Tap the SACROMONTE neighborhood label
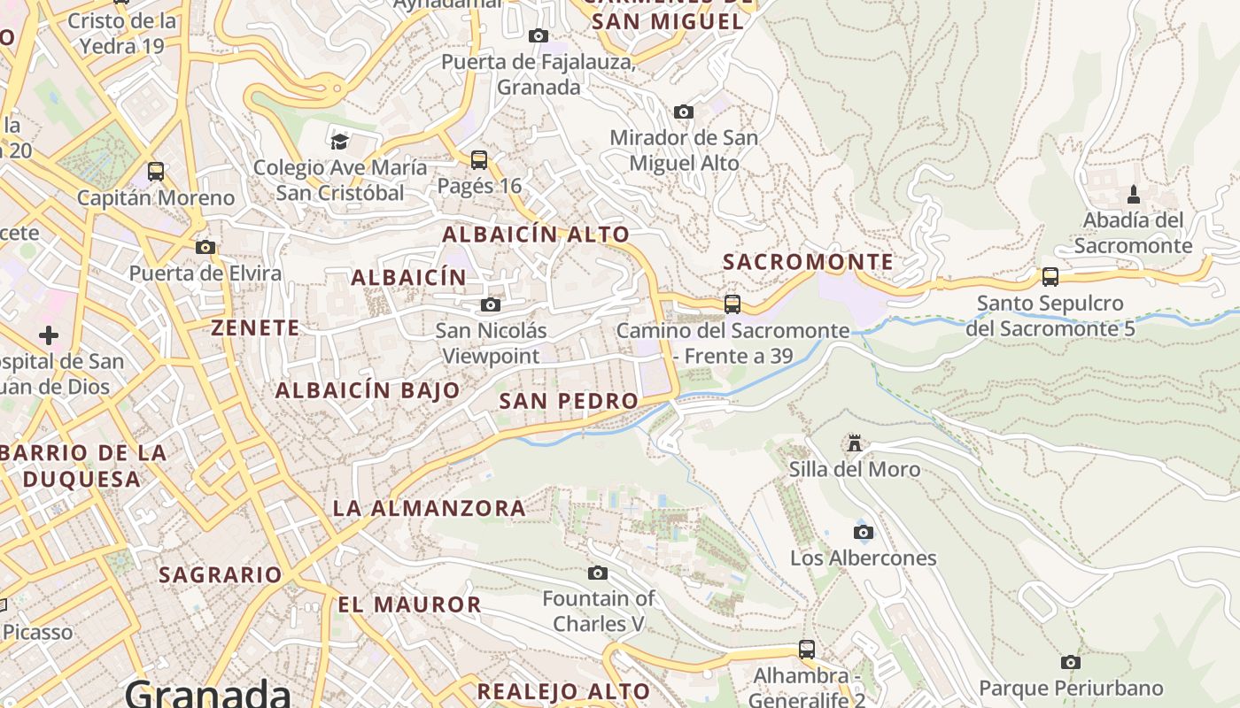coord(808,262)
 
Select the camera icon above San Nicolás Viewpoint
coord(490,305)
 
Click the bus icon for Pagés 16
coord(479,160)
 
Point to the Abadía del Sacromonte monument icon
coord(1133,195)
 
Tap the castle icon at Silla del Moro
coord(855,442)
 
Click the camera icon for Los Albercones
coord(863,532)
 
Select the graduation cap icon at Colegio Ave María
coord(339,142)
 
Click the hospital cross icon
coord(49,335)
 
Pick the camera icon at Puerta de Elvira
coord(205,247)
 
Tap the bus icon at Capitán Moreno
coord(156,172)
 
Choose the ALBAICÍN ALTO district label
coord(536,235)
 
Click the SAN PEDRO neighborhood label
coord(569,401)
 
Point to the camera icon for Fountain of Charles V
coord(598,573)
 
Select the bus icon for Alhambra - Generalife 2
coord(807,650)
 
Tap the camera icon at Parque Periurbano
coord(1071,662)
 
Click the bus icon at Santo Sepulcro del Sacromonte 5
coord(1050,277)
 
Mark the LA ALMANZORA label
coord(430,508)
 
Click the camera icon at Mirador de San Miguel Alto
coord(683,112)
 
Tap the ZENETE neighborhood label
coord(255,327)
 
